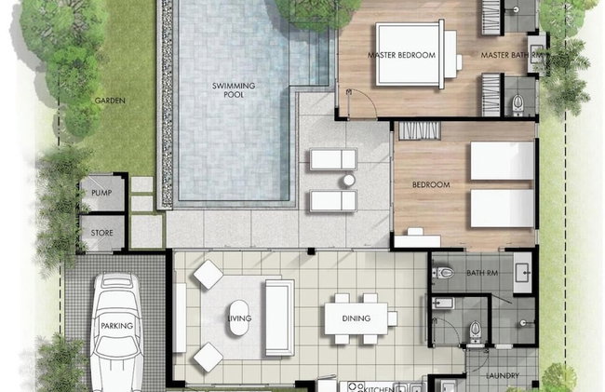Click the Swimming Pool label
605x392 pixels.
tap(234, 90)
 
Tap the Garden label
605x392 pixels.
tap(110, 101)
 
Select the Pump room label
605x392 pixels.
tap(101, 193)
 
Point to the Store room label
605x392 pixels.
tap(101, 233)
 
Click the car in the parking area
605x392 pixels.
tap(117, 332)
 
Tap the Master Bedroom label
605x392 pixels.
tap(401, 55)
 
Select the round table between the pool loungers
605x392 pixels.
tap(349, 181)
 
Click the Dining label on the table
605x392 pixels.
tap(356, 318)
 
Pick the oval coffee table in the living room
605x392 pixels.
tap(239, 318)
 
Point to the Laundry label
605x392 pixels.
tap(503, 375)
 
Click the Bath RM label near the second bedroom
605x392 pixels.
tap(482, 273)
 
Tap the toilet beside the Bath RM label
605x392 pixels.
tap(442, 273)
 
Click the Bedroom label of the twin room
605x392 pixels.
tap(431, 184)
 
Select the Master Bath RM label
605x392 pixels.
tap(511, 55)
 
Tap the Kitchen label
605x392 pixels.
tap(379, 388)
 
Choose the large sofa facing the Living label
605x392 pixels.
tap(279, 318)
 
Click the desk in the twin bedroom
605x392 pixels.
tap(417, 241)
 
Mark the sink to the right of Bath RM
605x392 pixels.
tap(522, 273)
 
